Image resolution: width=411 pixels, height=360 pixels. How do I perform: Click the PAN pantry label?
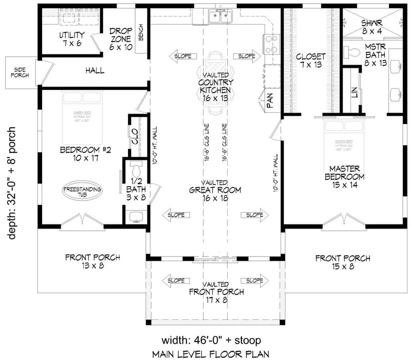269,101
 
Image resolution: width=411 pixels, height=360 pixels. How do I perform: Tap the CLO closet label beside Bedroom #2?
135,137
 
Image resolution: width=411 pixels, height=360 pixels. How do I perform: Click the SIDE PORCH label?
19,72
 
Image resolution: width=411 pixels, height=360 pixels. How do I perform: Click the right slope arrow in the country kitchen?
246,56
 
